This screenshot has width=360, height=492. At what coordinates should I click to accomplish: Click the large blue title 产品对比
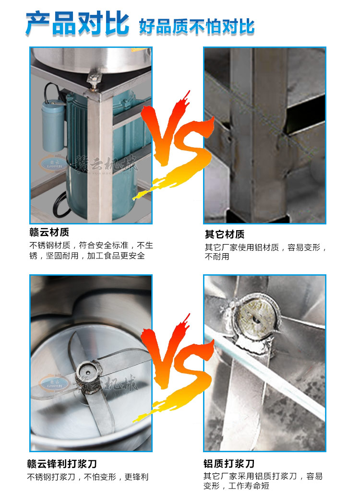click(77, 23)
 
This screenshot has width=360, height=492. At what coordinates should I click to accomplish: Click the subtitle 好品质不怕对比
click(197, 26)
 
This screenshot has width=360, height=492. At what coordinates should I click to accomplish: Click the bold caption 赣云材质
click(49, 232)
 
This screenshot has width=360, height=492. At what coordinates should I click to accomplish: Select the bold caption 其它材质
click(225, 234)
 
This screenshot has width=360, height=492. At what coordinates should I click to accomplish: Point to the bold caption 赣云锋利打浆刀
click(62, 463)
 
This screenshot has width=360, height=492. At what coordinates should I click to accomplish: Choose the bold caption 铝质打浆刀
click(229, 463)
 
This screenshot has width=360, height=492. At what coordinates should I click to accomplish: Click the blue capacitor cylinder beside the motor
click(53, 126)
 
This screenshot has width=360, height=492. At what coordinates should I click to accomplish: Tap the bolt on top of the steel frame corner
click(93, 81)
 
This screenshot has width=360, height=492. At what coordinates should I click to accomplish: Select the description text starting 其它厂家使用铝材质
click(266, 252)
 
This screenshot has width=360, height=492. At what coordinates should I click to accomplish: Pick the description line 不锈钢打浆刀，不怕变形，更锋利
click(88, 477)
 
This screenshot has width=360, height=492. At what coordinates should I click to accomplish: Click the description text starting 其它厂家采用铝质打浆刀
click(263, 481)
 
